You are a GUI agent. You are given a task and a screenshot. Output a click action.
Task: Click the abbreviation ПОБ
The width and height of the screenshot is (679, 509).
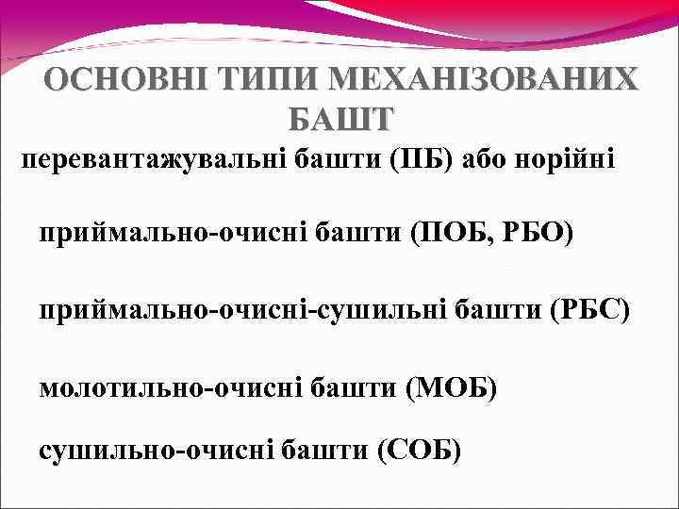point(446,232)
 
